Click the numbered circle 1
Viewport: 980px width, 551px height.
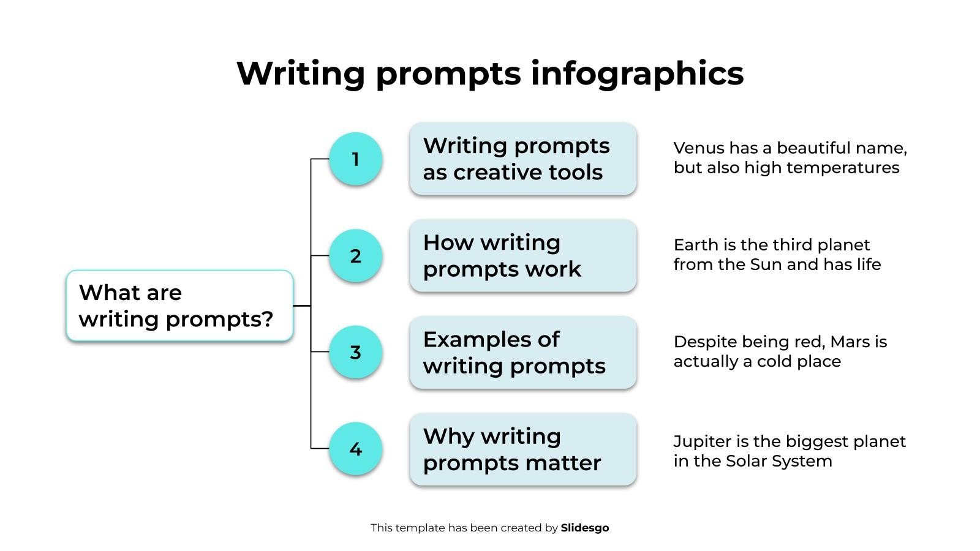(355, 159)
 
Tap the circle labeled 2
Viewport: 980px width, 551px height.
(355, 256)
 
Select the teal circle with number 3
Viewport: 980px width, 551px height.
(355, 352)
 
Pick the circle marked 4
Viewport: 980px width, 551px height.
(355, 449)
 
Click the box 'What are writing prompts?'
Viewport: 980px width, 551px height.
(179, 305)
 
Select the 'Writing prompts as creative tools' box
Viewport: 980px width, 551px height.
(523, 159)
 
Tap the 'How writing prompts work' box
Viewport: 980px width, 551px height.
(523, 256)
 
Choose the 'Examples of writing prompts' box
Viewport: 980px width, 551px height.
(523, 353)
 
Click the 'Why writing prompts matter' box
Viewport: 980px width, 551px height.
(523, 449)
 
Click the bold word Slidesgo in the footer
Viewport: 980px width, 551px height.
(585, 528)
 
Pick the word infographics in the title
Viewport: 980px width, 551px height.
(637, 73)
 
